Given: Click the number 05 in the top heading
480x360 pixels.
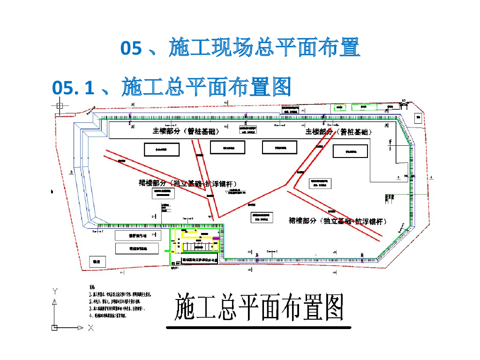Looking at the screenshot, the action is (131, 48).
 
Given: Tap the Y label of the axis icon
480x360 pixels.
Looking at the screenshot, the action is (55, 291).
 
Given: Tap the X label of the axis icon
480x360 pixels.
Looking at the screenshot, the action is (90, 328).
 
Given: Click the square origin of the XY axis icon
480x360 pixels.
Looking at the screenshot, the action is (55, 327).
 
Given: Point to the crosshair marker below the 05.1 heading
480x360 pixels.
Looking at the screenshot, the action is (60, 105).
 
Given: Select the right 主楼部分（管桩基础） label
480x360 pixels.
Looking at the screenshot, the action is (338, 132).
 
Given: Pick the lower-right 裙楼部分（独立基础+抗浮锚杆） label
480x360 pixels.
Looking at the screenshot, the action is (337, 221).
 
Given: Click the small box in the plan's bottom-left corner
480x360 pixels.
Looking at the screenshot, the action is (97, 262).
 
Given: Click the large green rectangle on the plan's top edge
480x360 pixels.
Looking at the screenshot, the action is (364, 107).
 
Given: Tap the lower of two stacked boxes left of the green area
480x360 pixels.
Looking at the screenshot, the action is (137, 248).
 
